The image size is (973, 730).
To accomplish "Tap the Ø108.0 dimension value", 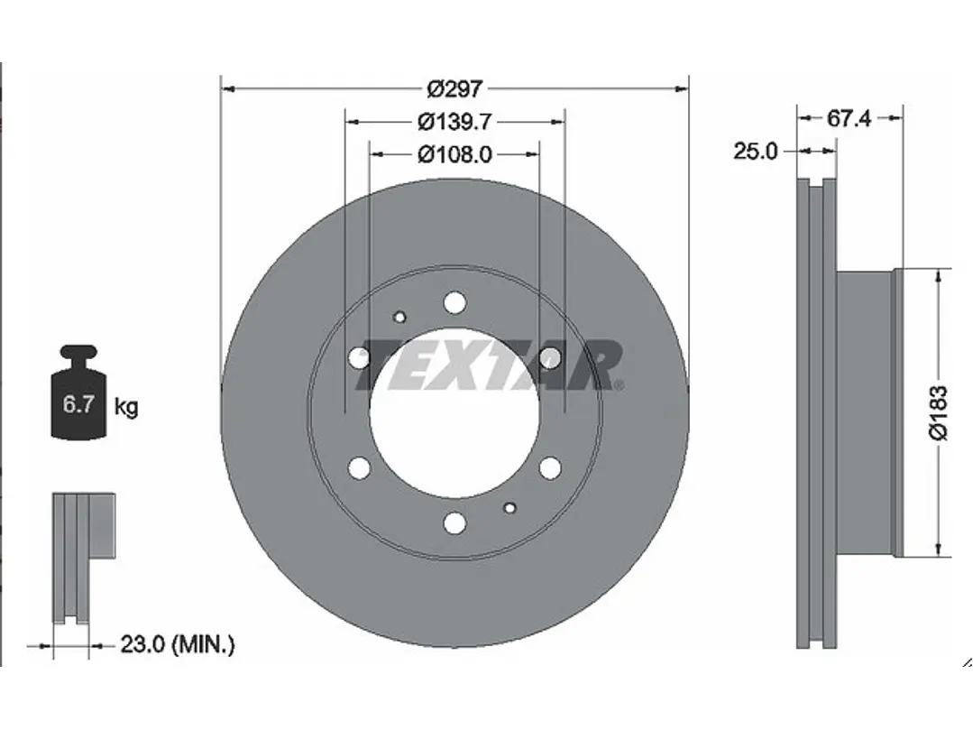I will (x=454, y=154).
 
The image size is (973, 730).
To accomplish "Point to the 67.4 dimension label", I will (x=848, y=118).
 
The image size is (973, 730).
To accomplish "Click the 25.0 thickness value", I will (x=755, y=152).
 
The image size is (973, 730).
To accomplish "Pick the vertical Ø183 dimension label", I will (x=939, y=412).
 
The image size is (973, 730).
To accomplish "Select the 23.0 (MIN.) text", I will (x=177, y=644).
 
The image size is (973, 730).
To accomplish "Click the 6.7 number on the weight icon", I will (x=78, y=404).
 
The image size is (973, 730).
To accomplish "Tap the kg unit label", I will (x=126, y=407).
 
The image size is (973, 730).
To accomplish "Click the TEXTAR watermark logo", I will (x=487, y=365).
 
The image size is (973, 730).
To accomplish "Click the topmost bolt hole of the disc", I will (x=454, y=301).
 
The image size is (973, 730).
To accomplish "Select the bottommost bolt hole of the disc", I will (x=454, y=522).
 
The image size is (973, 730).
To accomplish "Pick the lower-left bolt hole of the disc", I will (x=359, y=467).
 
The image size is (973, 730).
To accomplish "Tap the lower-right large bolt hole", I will (x=549, y=467).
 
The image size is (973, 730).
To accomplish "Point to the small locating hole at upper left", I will (x=400, y=317).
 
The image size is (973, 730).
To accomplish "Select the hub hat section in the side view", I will (x=866, y=411).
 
